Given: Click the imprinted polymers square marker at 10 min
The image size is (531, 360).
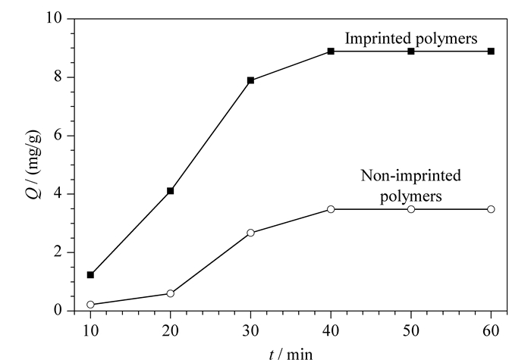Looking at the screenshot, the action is coord(90,274).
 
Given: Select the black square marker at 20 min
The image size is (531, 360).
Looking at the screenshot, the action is coord(171,191).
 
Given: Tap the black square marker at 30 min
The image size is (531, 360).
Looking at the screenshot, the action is coord(250,80).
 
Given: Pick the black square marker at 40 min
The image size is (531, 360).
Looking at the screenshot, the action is coord(331,51).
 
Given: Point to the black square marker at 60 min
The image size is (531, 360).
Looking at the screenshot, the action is coord(491,51).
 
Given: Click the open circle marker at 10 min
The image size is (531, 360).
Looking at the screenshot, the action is coord(90,305).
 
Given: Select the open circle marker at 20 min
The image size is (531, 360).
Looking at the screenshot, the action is coord(171,293).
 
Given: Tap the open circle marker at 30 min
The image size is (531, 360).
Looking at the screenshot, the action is coord(250,233).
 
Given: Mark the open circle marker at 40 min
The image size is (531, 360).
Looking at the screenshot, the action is coord(331,209).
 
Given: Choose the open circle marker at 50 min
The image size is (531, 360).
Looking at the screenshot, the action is coord(411,209).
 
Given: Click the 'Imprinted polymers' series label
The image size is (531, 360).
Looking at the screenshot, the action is coord(411,39).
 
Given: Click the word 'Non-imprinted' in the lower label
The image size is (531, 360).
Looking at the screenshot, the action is coord(411,176).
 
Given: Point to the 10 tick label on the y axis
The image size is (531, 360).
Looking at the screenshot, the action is coord(54,17).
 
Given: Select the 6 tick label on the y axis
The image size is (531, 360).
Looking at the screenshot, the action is coord(58,136).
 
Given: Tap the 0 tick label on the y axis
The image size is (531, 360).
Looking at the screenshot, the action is coord(58,310).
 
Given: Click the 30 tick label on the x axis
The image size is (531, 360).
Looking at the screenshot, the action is coord(250,330).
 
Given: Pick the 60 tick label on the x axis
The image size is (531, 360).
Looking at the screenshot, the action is coord(491,330).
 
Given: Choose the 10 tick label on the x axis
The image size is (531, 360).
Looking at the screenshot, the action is coord(90,330).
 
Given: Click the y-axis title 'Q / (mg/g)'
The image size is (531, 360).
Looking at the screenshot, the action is coord(33,164).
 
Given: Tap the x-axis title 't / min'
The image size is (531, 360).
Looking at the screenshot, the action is coord(291,354).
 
